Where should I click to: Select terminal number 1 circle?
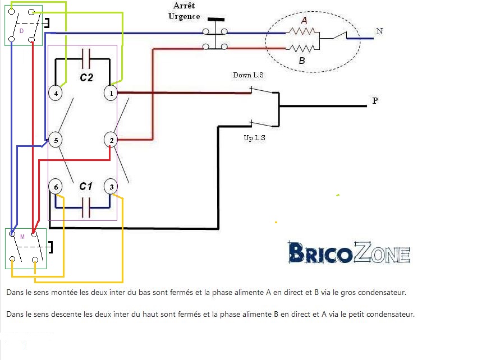[x=111, y=93]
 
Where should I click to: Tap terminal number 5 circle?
[x=55, y=140]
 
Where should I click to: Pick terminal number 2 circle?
[x=111, y=140]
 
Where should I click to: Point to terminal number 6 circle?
[x=55, y=187]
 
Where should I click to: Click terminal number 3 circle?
[x=111, y=187]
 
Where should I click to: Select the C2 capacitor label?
[x=86, y=78]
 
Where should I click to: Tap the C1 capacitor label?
[x=85, y=186]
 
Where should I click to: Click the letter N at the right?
[x=380, y=31]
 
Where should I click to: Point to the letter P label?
[x=374, y=101]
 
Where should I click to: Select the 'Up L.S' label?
[x=254, y=138]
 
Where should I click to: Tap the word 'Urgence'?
[x=184, y=16]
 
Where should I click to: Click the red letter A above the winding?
[x=304, y=20]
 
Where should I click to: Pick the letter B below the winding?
[x=302, y=61]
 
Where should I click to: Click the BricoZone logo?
[x=349, y=253]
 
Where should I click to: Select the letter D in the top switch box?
[x=21, y=31]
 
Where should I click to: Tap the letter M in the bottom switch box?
[x=22, y=237]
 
